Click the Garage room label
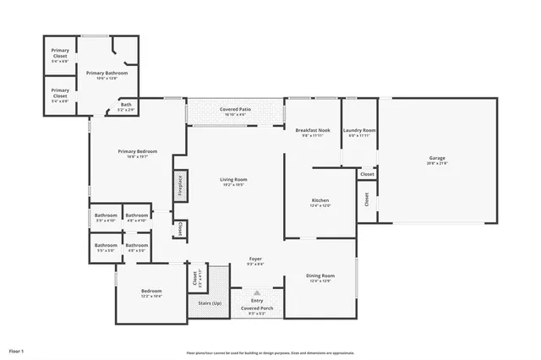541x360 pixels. [437, 158]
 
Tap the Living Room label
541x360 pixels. [233, 179]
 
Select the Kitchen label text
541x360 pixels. [320, 199]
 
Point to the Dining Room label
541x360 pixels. [320, 275]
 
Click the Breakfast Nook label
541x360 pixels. [312, 130]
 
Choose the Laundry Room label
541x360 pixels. [359, 130]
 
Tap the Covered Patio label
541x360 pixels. [234, 110]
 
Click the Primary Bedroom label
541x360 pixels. [137, 151]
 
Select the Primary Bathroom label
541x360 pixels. [106, 73]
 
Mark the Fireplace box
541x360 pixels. [179, 186]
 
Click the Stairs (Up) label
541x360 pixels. [210, 303]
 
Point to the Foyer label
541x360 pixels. [255, 259]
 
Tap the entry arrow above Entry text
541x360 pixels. [256, 292]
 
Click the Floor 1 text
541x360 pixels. [17, 350]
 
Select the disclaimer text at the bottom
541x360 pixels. [270, 353]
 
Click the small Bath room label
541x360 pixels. [125, 104]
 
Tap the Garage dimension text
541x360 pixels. [437, 163]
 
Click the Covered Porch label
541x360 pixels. [255, 308]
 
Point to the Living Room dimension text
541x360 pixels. [233, 184]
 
